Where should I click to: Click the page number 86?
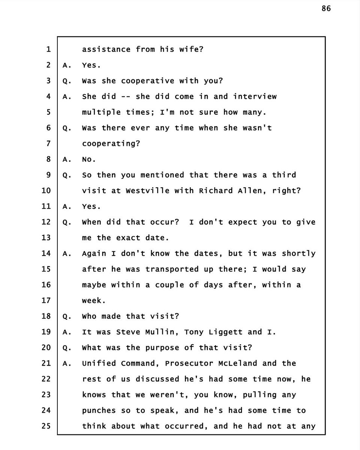point(326,8)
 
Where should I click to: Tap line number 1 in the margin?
point(48,49)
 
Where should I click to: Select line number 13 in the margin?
point(46,238)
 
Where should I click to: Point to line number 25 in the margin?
point(46,426)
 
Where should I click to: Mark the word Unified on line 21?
point(99,363)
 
